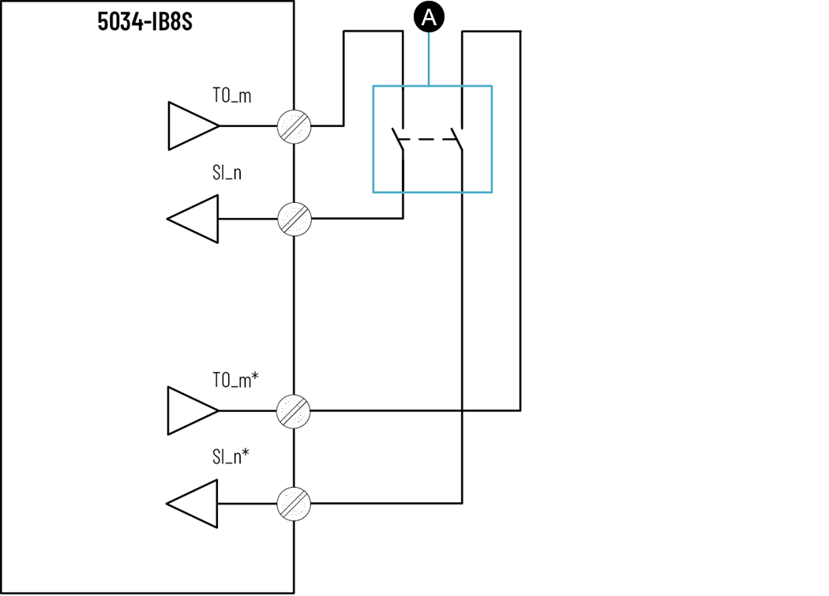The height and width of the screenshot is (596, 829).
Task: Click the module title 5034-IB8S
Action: click(145, 21)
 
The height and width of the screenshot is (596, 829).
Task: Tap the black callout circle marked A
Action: click(429, 17)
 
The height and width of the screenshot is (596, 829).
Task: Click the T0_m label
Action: click(232, 96)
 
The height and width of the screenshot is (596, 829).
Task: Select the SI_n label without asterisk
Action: click(227, 173)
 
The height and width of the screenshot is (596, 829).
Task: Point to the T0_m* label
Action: click(235, 380)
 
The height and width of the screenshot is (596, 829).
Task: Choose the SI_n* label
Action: click(231, 456)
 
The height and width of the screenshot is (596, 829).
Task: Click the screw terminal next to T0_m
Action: click(294, 126)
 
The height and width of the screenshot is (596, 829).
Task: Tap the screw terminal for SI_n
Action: click(294, 219)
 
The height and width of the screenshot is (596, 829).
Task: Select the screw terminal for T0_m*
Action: click(294, 410)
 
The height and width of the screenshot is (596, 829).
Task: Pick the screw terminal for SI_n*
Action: click(294, 504)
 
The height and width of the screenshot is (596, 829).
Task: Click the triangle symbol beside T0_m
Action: click(191, 126)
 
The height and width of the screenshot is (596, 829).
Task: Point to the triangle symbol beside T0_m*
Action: click(191, 410)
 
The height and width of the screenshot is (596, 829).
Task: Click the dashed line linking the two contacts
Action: click(427, 140)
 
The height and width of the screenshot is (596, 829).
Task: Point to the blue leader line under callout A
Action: click(429, 59)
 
